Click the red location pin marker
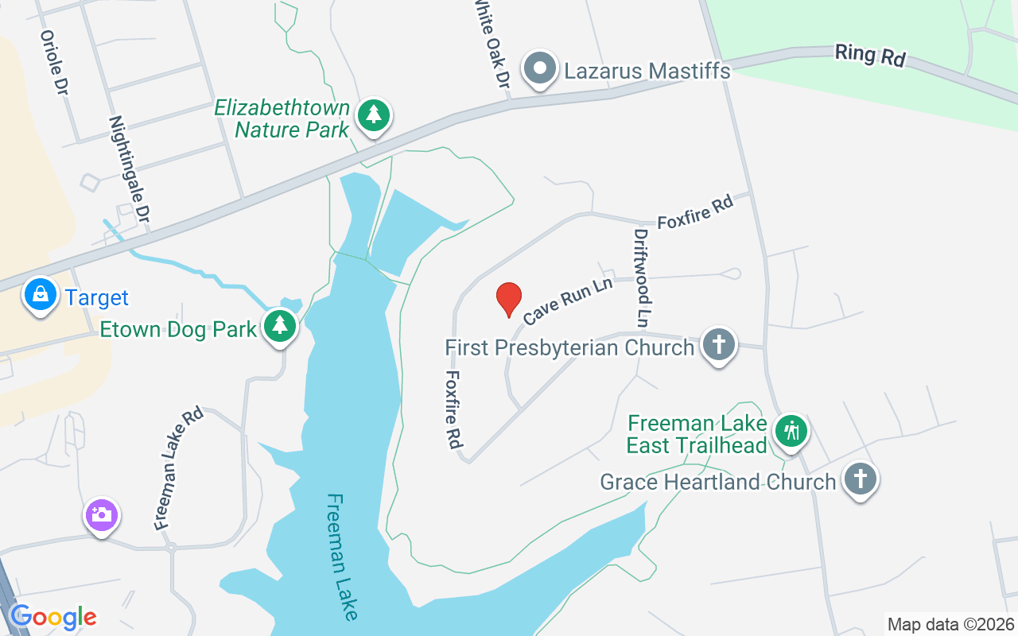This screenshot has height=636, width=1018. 509,299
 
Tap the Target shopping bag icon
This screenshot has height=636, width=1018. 40,294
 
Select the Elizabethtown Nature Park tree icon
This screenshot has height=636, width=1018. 373,116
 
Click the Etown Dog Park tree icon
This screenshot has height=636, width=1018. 279,325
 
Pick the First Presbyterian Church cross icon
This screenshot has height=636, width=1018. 719,345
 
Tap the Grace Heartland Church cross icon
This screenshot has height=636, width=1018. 860,479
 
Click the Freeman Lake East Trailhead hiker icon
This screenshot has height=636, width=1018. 791,432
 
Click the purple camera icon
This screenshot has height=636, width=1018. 101,515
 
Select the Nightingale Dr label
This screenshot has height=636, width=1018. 130,169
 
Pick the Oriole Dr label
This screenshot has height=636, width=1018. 52,63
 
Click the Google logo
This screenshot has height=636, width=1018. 52,617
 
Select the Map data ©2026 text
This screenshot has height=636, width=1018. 950,624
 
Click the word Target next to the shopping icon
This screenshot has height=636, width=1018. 96,298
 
